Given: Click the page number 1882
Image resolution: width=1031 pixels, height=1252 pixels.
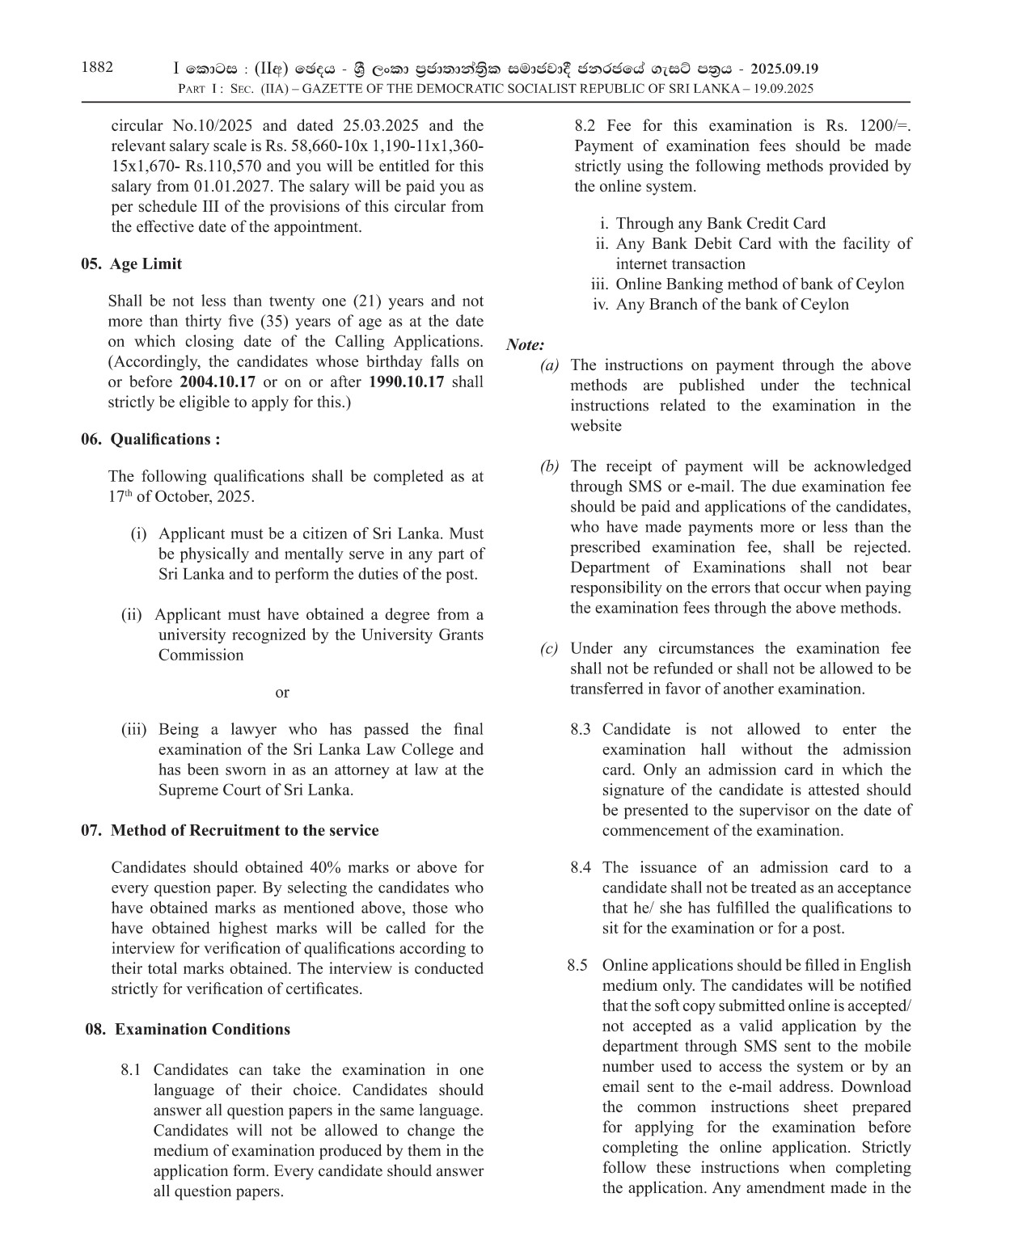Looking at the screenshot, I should coord(97,68).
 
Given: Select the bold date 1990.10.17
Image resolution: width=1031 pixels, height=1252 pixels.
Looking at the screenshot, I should coord(406,382).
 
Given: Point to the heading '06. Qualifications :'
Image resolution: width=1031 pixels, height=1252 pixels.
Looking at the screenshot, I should coord(150,440).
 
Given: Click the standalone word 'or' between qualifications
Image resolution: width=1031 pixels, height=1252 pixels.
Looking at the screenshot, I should coord(281,693).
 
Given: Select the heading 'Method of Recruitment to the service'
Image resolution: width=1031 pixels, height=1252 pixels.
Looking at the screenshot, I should coord(244,831).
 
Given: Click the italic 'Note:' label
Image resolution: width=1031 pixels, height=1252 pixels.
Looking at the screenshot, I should coord(525,345).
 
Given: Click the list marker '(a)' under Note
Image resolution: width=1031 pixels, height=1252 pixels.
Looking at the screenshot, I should coord(549,366).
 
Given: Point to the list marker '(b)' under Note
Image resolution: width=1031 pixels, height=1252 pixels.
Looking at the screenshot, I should coord(549,467).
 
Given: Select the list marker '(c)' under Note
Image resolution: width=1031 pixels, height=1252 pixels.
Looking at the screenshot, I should coord(549,649).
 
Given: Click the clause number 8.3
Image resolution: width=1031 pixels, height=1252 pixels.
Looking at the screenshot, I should coord(580,730).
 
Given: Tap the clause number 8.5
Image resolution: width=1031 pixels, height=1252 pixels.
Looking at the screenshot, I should coord(577,966).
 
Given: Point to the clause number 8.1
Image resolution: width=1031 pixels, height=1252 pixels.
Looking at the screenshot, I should coord(131,1070).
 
